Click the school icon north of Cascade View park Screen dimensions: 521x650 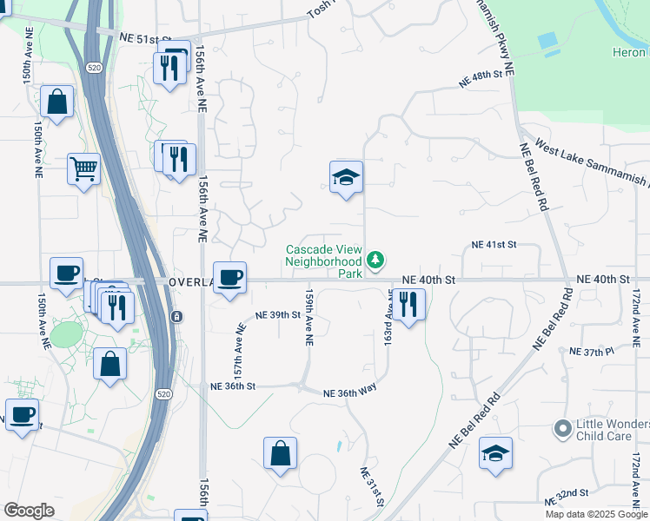point(346,178)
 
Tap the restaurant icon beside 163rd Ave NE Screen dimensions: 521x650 point(408,303)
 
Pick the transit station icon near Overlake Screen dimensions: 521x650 point(176,315)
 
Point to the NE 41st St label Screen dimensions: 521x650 point(494,246)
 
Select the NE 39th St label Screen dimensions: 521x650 point(276,314)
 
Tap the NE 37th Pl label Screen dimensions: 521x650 point(591,352)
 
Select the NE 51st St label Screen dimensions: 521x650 point(143,39)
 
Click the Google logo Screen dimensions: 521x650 point(29,511)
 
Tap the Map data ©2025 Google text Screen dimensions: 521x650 point(596,514)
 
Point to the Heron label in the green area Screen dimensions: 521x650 point(630,53)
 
